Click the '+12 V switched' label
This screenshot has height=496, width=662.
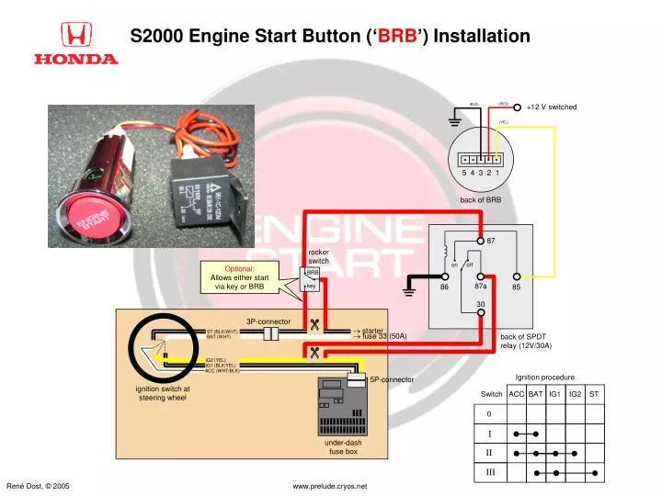552,107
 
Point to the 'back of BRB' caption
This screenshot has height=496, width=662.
480,199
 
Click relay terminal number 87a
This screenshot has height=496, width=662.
481,287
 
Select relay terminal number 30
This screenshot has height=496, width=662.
480,305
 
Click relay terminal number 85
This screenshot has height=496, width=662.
517,287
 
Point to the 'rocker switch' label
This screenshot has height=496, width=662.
318,256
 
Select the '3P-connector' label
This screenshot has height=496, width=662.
268,321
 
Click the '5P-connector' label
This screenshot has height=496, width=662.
393,379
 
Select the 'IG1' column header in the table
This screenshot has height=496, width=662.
554,394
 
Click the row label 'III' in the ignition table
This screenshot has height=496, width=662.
489,473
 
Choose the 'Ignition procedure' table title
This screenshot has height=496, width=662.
544,377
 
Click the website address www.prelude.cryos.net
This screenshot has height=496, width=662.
330,485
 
